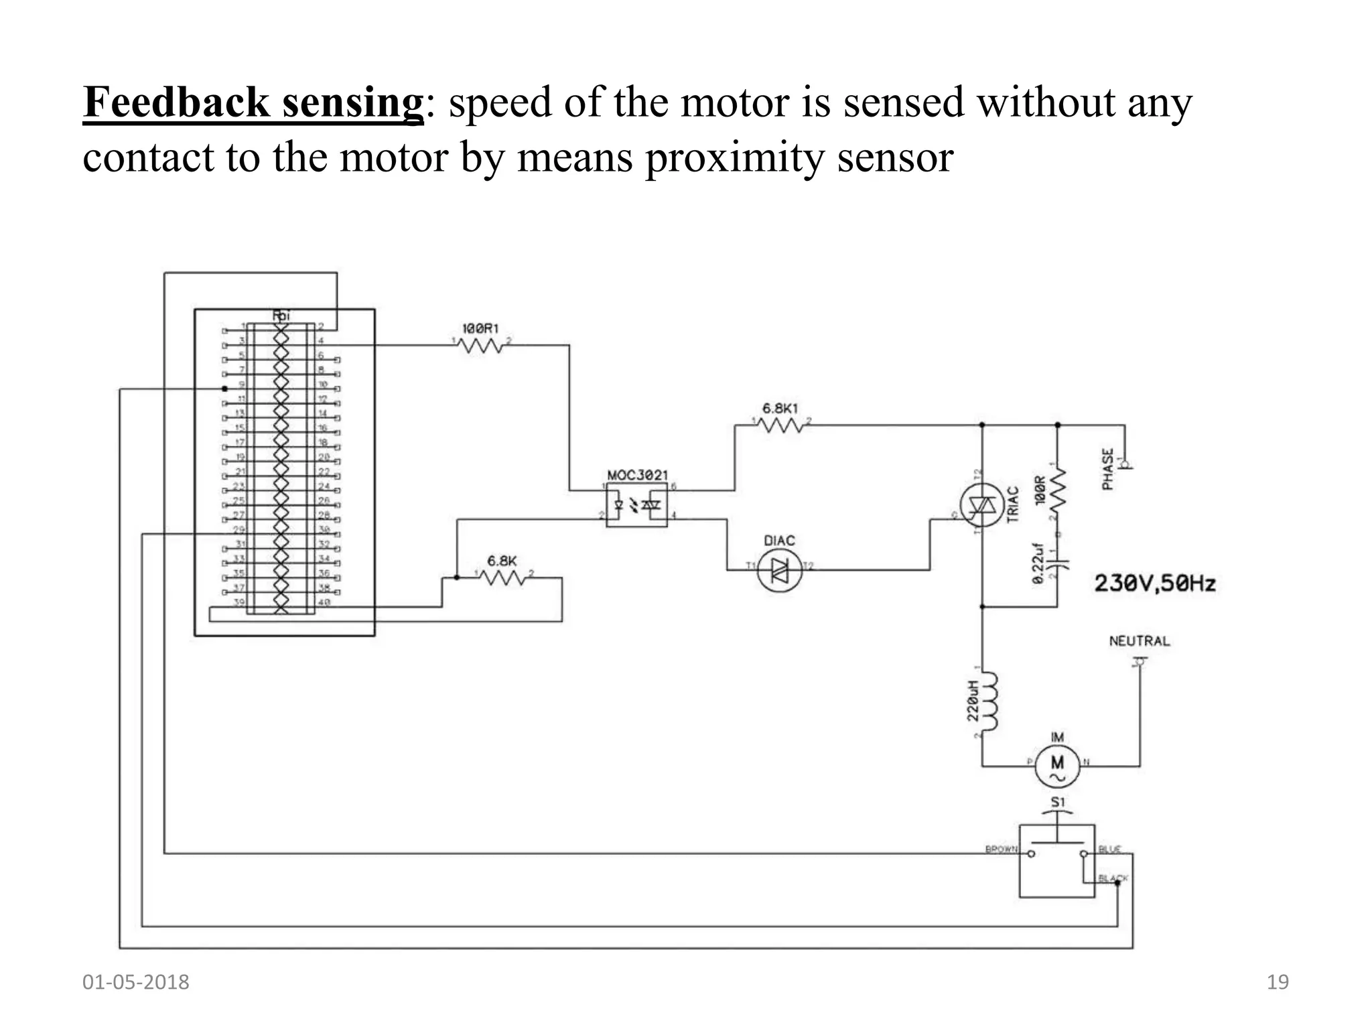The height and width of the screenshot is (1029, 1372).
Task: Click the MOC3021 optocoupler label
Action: (x=637, y=475)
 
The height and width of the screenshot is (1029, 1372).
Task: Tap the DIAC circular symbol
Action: (x=779, y=571)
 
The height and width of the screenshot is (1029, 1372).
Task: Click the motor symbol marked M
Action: (x=1057, y=766)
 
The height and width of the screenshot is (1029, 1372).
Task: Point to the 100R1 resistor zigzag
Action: (x=480, y=346)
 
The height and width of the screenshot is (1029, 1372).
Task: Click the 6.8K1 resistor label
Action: (x=780, y=408)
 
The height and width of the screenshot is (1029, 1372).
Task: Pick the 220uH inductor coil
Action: (x=989, y=701)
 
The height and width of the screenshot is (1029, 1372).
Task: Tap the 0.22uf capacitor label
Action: (x=1038, y=563)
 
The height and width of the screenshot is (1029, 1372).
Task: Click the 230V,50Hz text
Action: (x=1154, y=584)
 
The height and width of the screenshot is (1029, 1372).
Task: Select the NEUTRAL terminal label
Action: (x=1139, y=641)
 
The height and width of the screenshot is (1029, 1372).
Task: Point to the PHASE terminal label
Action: (x=1108, y=469)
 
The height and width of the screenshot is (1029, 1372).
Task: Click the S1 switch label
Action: (x=1057, y=802)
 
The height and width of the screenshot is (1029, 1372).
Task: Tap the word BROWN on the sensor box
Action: (x=1001, y=849)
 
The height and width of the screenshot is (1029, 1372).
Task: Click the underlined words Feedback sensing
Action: (x=253, y=103)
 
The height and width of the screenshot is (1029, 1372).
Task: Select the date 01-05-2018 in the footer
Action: (x=135, y=982)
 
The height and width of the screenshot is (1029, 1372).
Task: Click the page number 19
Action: (x=1277, y=982)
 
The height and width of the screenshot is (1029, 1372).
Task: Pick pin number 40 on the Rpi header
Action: (x=324, y=602)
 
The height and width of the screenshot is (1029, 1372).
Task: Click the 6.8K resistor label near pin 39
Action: (x=501, y=561)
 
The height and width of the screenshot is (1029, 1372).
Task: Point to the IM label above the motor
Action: (x=1057, y=737)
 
